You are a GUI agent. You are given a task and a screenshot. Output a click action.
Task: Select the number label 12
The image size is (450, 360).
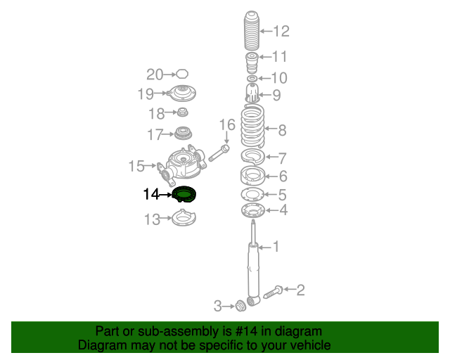tap(281, 31)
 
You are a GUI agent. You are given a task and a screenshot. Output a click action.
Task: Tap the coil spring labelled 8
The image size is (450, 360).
tap(252, 126)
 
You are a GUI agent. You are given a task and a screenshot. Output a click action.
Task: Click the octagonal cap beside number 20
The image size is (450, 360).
tap(182, 74)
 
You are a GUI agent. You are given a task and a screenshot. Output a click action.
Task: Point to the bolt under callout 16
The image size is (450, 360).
tap(219, 153)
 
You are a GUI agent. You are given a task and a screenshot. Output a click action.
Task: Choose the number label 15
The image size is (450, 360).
tap(136, 166)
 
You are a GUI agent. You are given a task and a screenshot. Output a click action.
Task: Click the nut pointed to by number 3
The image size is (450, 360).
tap(240, 306)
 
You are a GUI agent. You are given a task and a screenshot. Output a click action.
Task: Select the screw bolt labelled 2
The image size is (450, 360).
tap(273, 292)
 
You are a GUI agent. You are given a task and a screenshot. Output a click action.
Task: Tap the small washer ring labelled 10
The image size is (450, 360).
tap(252, 78)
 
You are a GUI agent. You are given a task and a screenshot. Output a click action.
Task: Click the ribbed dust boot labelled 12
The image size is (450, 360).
tap(252, 30)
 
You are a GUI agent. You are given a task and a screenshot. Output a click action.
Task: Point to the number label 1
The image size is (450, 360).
tap(276, 246)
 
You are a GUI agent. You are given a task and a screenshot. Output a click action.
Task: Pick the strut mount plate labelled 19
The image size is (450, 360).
tap(181, 93)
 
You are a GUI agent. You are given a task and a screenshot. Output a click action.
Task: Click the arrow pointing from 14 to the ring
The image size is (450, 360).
tap(165, 195)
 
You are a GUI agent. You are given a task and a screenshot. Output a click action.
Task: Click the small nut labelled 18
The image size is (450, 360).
tap(182, 112)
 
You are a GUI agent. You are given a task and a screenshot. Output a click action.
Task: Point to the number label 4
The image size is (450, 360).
tap(283, 210)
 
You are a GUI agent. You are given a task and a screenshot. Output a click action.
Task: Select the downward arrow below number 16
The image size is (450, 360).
tap(226, 138)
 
